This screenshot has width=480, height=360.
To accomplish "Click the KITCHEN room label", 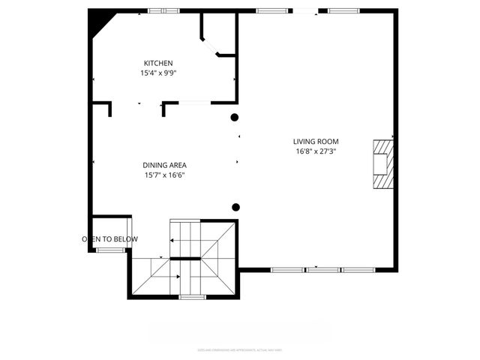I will [158, 63].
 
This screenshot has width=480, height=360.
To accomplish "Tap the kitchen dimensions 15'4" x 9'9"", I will [158, 73].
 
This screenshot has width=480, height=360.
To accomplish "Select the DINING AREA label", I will [164, 165].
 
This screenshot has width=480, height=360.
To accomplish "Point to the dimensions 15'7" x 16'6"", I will [164, 175].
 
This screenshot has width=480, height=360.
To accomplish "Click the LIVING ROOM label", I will [316, 141].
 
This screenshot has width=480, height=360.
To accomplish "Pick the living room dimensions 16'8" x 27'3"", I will [316, 151].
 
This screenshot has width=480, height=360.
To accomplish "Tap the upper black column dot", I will [235, 117].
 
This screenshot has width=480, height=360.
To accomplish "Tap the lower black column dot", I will [235, 207].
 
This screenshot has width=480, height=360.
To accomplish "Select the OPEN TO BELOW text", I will [109, 239].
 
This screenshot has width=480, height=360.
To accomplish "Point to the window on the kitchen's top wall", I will [163, 10].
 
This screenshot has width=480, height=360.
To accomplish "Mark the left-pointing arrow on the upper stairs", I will [173, 240].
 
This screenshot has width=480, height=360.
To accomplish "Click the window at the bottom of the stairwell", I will [192, 297].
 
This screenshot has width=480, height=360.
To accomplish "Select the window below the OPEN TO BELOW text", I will [109, 250].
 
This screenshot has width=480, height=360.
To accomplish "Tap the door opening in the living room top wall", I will [304, 10].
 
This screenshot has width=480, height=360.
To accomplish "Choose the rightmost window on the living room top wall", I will [343, 10].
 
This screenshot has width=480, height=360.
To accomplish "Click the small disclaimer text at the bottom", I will [239, 349].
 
